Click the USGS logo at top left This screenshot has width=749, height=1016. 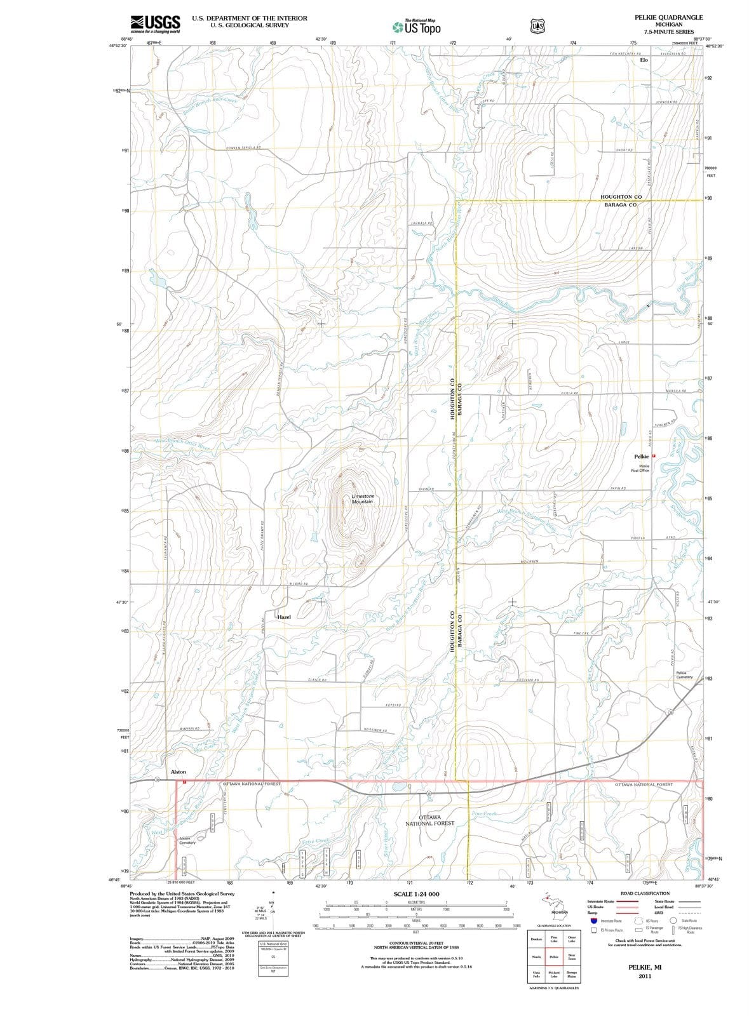coord(155,24)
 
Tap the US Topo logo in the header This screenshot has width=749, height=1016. coord(417,27)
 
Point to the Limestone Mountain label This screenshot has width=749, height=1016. coord(362,498)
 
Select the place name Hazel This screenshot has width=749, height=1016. coord(283,617)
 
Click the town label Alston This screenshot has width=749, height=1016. coord(179,772)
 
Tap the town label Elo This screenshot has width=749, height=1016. coord(644,60)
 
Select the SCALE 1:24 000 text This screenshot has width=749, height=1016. coord(416,893)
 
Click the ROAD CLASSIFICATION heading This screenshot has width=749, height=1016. coord(645,893)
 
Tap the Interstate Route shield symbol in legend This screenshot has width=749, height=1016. coord(594,920)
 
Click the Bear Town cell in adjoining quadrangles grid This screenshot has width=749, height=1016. coord(571,956)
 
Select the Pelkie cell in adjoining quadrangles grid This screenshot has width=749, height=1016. coord(554,956)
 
